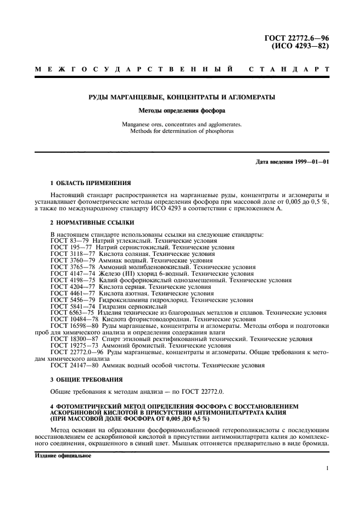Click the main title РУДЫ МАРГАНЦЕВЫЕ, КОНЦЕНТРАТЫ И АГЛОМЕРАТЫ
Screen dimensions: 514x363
181,97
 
